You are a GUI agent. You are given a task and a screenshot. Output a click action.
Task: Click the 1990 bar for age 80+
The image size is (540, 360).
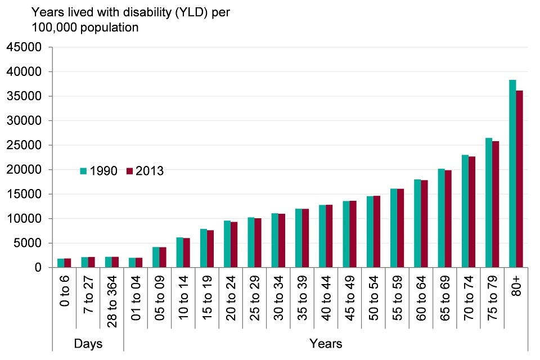click(512, 174)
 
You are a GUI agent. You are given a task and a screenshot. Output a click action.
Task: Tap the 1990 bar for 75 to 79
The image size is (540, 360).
click(489, 202)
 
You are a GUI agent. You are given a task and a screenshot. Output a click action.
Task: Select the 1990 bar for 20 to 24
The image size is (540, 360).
click(227, 244)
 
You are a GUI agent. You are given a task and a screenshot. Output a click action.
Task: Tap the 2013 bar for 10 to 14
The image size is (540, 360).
click(187, 253)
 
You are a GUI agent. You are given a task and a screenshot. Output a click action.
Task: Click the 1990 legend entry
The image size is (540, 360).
click(99, 171)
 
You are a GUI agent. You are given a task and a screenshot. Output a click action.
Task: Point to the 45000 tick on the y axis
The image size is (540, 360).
click(26, 47)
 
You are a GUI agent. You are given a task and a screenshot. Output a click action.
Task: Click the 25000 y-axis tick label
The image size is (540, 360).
click(26, 145)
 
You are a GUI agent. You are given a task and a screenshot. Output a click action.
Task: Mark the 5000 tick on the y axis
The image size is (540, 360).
click(29, 243)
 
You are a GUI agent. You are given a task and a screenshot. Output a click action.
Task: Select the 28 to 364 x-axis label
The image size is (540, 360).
click(111, 301)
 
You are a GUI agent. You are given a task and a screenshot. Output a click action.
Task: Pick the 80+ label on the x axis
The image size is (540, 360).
click(516, 287)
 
